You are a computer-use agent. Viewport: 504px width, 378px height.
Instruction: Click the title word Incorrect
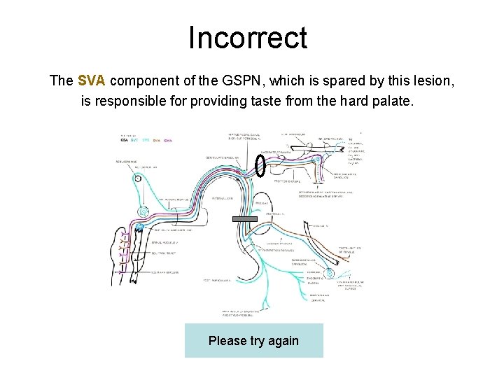pos(247,38)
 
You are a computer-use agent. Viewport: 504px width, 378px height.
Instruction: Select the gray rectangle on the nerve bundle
pos(246,220)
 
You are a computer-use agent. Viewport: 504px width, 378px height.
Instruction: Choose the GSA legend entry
pos(124,140)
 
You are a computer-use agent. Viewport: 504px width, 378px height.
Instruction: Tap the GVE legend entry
pos(134,140)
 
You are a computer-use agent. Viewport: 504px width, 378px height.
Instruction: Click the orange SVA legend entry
pos(156,140)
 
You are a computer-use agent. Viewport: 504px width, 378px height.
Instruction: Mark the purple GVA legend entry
pos(167,140)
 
